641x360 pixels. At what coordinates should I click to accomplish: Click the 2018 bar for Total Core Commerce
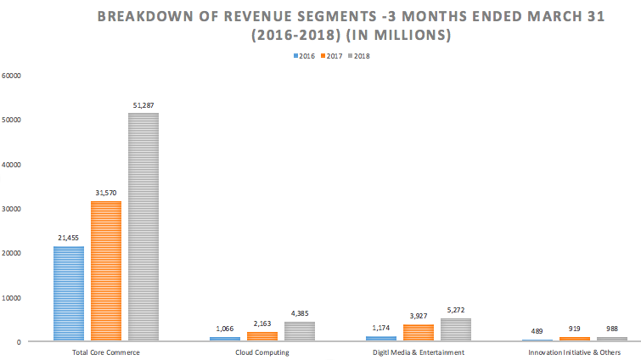tap(143, 227)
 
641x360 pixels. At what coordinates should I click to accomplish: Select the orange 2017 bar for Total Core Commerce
tap(105, 271)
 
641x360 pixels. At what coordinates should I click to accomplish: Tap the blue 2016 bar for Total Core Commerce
tap(68, 293)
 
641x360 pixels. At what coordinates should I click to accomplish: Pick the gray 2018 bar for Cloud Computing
tap(299, 331)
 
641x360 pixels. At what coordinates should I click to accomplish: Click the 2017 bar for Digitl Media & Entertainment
tap(418, 332)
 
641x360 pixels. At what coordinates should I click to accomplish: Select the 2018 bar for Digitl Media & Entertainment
tap(455, 329)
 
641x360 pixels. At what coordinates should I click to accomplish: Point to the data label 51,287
tap(143, 105)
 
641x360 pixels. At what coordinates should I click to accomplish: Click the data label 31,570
tap(105, 194)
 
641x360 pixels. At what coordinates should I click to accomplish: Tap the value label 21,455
tap(68, 239)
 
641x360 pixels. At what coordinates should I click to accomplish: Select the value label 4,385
tap(299, 314)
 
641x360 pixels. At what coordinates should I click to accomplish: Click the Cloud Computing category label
tap(261, 352)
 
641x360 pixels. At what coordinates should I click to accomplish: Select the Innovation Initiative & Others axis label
tap(574, 352)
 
